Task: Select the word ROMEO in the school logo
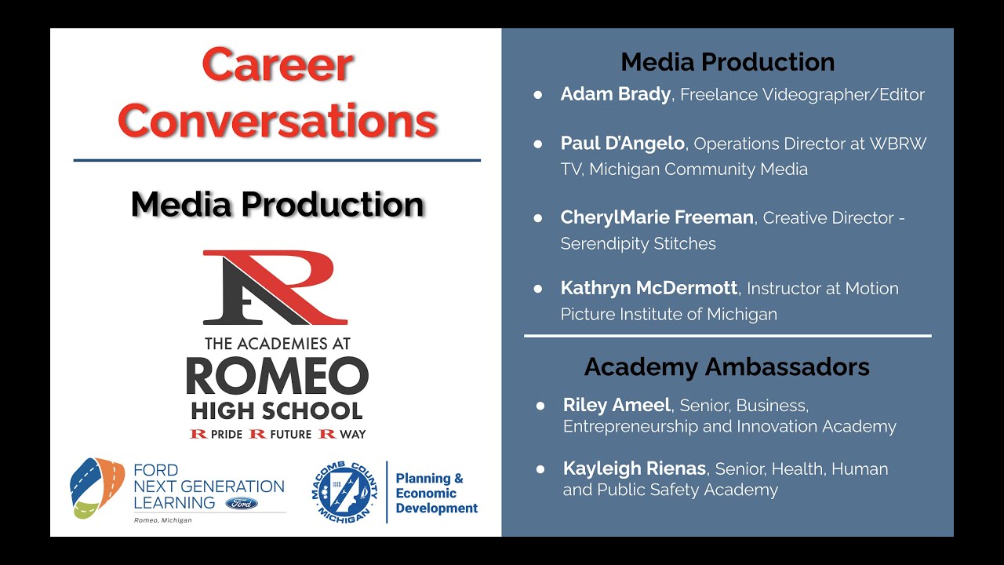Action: (277, 377)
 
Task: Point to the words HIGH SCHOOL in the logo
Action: (277, 410)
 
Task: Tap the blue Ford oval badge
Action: (241, 503)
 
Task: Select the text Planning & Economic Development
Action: (436, 493)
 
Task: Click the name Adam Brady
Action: (615, 95)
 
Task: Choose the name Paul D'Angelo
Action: (623, 144)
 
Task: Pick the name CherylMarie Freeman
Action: (657, 217)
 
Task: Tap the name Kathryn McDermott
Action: (649, 289)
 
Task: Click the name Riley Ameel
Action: (617, 406)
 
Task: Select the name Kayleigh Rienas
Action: (634, 469)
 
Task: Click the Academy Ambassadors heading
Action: (726, 367)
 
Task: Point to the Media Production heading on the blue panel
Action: (727, 62)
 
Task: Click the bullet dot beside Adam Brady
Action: (538, 95)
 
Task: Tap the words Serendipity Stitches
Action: (638, 243)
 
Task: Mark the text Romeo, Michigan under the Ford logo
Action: (163, 520)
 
